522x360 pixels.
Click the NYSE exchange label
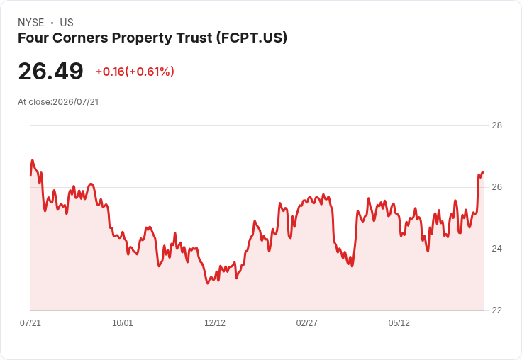click(x=31, y=23)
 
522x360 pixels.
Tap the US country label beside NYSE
click(x=67, y=23)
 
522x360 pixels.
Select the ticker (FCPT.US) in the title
click(x=252, y=38)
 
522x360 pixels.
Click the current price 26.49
click(x=50, y=71)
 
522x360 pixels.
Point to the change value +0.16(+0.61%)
click(x=135, y=72)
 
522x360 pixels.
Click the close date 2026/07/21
click(x=76, y=102)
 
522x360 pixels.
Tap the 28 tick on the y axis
click(x=496, y=125)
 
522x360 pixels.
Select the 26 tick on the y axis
click(x=496, y=187)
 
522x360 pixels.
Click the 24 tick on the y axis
click(x=496, y=249)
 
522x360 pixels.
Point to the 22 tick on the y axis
click(x=496, y=310)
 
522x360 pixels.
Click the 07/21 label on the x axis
click(x=30, y=322)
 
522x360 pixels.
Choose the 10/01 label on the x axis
click(x=123, y=322)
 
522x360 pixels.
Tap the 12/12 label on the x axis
click(x=215, y=322)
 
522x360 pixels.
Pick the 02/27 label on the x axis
click(x=306, y=322)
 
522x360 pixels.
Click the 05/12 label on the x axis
click(x=399, y=322)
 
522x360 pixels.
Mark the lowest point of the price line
click(x=207, y=283)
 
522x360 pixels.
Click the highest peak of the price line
click(x=33, y=160)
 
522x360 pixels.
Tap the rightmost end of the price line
click(x=483, y=172)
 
